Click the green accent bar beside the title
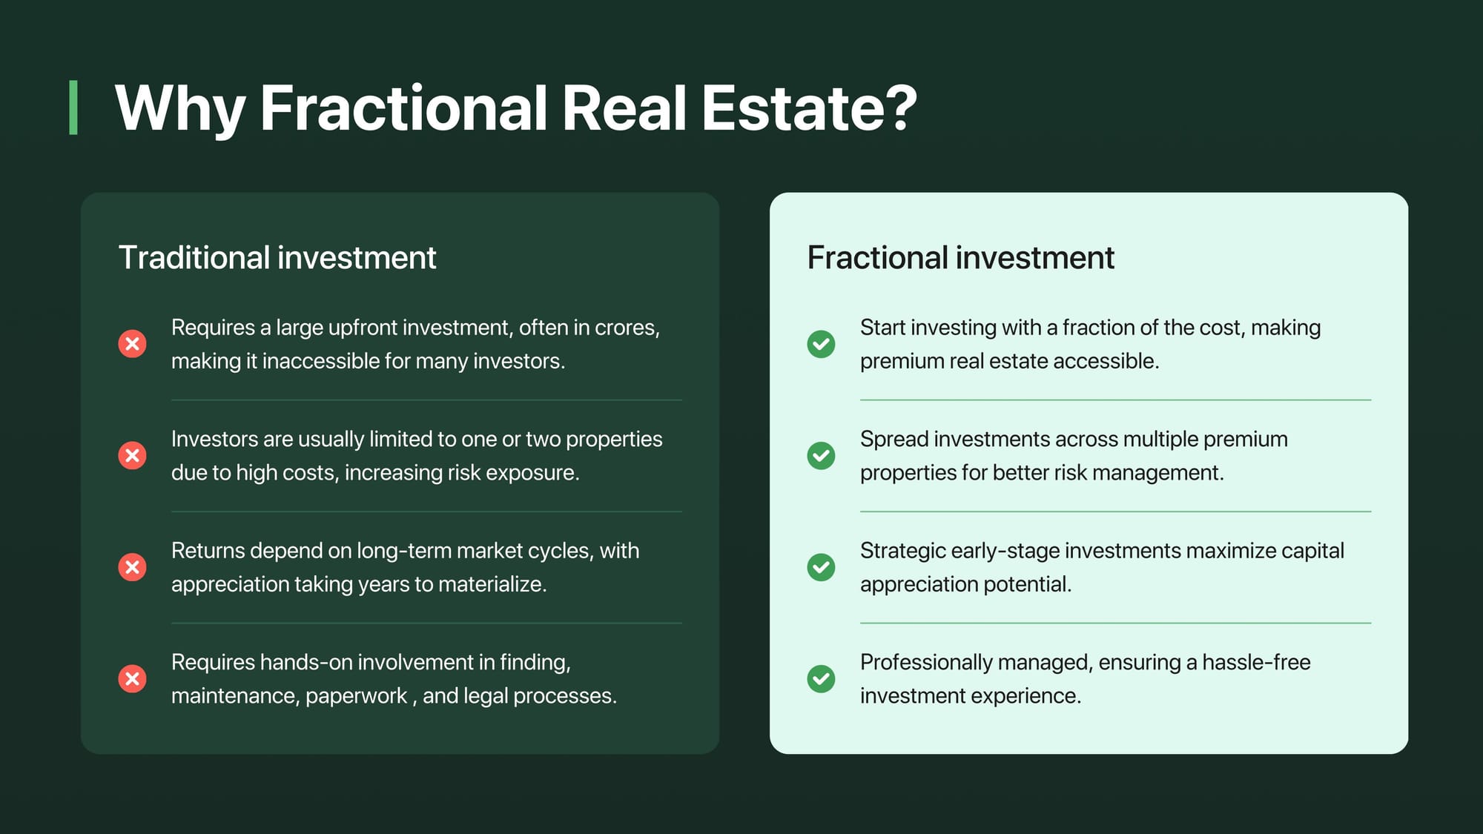tap(73, 107)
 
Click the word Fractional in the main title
tap(403, 108)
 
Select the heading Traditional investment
tap(277, 258)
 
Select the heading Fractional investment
tap(960, 258)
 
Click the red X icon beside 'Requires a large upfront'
tap(133, 344)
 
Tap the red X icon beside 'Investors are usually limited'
tap(133, 455)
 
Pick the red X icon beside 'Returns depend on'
tap(133, 567)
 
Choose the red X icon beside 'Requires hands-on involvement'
tap(133, 678)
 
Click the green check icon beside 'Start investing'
tap(821, 344)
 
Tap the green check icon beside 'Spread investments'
tap(821, 455)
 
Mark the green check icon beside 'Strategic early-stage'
tap(821, 567)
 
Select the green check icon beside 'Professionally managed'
tap(821, 678)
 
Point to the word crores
tap(627, 328)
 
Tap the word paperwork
tap(356, 697)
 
